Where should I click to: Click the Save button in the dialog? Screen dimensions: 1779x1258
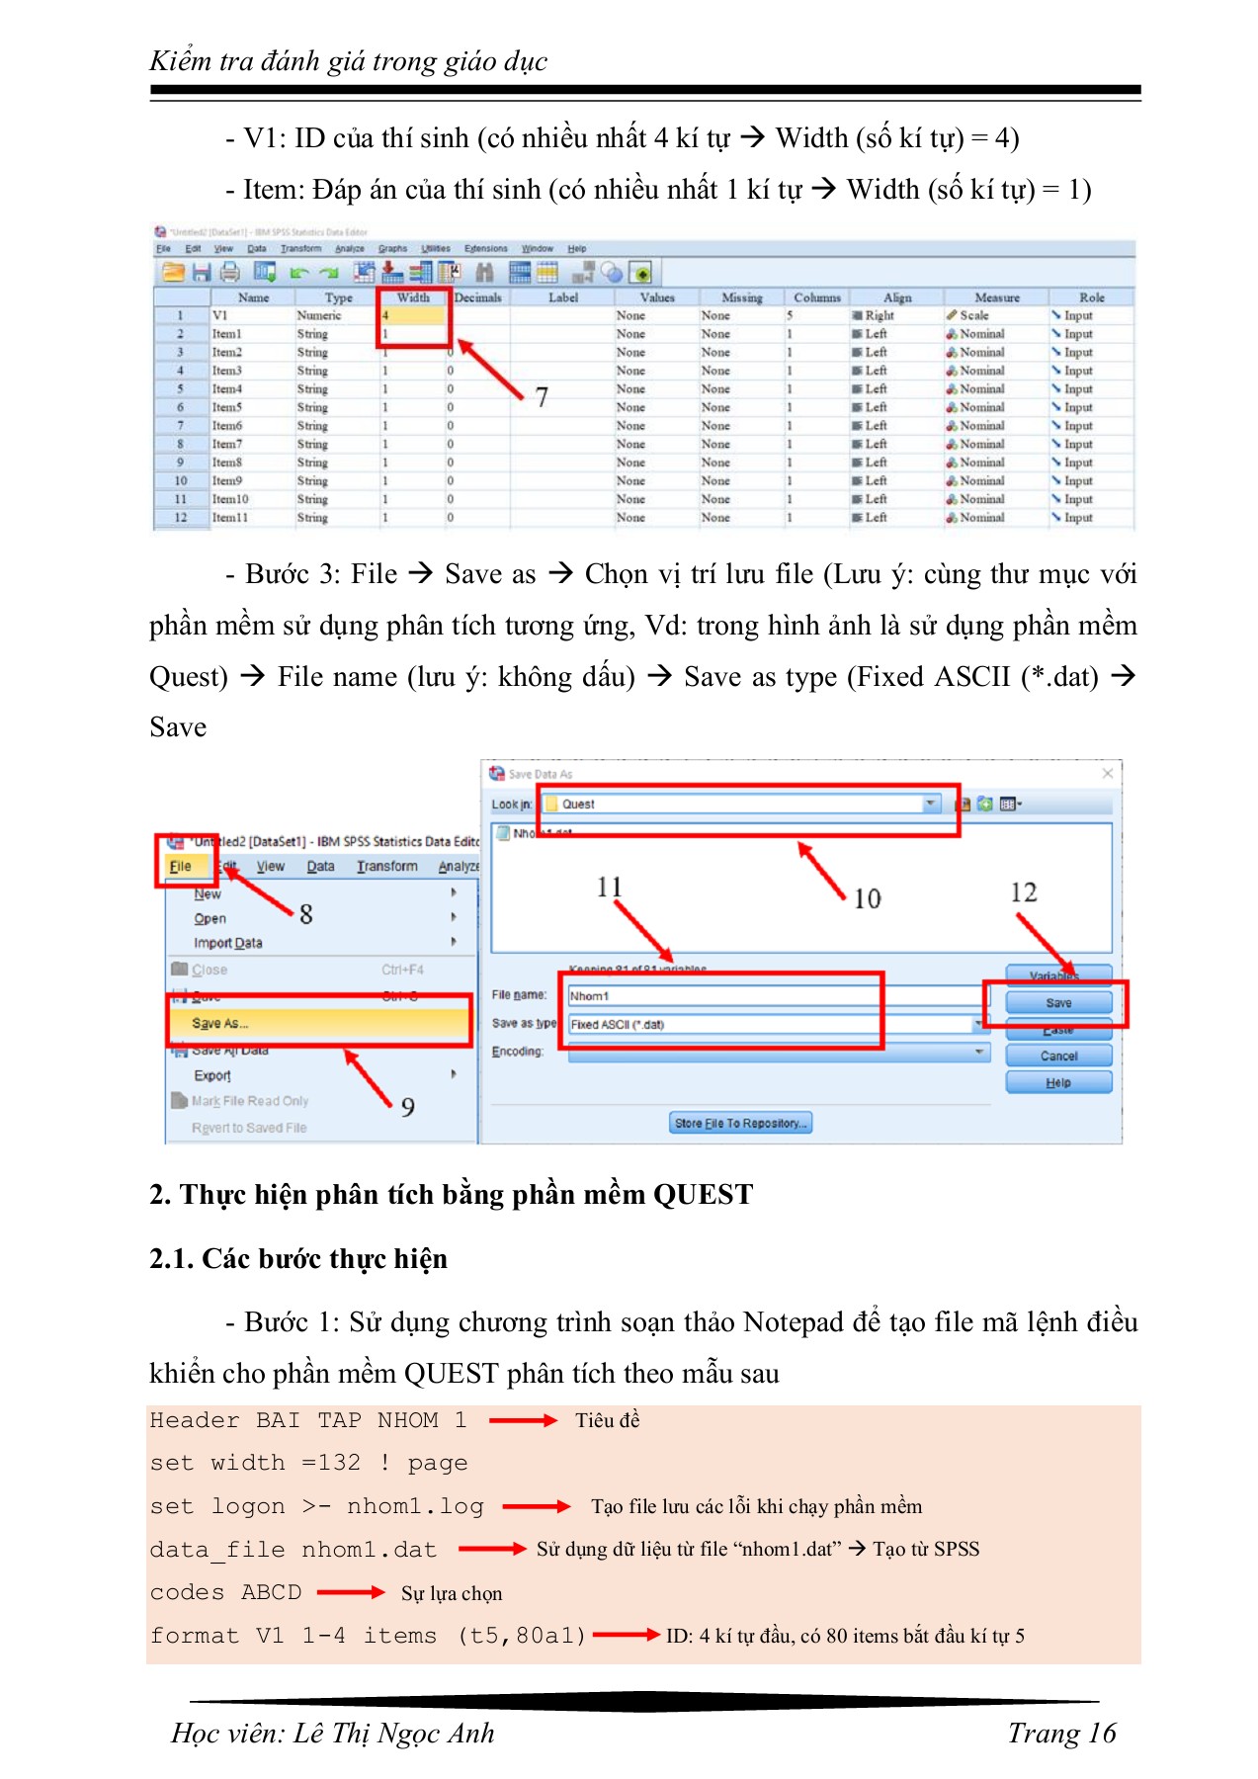pyautogui.click(x=1057, y=1002)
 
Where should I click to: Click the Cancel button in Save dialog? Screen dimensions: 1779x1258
pyautogui.click(x=1057, y=1056)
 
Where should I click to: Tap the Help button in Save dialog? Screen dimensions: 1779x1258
pyautogui.click(x=1057, y=1082)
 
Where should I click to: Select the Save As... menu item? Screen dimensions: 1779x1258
pyautogui.click(x=220, y=1023)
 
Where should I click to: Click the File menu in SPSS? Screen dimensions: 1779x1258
pyautogui.click(x=181, y=866)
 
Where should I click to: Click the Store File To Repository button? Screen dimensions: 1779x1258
pyautogui.click(x=740, y=1123)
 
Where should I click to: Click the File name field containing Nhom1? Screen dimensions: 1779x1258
pyautogui.click(x=721, y=995)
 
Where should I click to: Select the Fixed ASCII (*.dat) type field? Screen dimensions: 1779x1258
pyautogui.click(x=721, y=1024)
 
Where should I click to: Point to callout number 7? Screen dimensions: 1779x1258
pyautogui.click(x=542, y=397)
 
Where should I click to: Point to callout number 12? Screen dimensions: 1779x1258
pyautogui.click(x=1023, y=892)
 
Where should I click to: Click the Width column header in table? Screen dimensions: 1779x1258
pyautogui.click(x=413, y=297)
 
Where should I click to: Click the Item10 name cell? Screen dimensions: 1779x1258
pyautogui.click(x=230, y=499)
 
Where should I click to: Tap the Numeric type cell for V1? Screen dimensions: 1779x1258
pyautogui.click(x=319, y=315)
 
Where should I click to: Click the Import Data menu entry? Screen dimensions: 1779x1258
pyautogui.click(x=228, y=943)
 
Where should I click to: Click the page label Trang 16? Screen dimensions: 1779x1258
pyautogui.click(x=1060, y=1733)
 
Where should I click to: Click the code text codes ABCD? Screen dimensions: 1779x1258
pyautogui.click(x=225, y=1592)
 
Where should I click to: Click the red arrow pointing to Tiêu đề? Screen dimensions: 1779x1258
pyautogui.click(x=523, y=1420)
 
